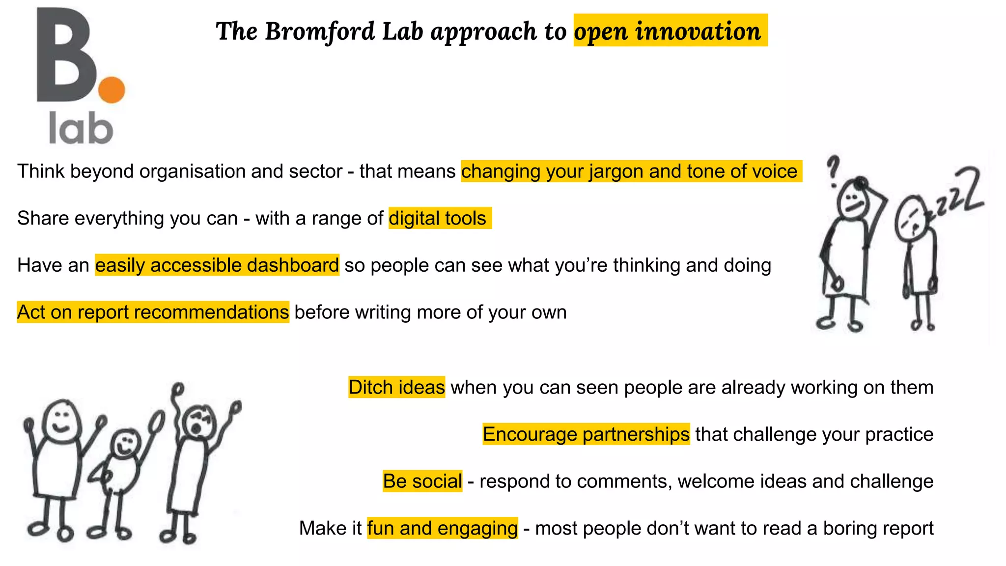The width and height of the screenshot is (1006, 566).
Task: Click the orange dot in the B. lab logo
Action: pyautogui.click(x=112, y=89)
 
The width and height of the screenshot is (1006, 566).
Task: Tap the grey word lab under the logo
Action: pyautogui.click(x=81, y=129)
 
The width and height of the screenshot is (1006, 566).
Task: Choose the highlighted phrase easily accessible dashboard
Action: pyautogui.click(x=217, y=265)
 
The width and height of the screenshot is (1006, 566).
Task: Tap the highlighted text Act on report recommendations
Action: pyautogui.click(x=153, y=312)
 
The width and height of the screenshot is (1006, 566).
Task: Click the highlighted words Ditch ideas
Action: pyautogui.click(x=396, y=387)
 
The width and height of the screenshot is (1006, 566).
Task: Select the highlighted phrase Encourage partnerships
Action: pyautogui.click(x=586, y=434)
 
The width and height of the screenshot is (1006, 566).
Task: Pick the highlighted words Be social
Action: pyautogui.click(x=422, y=481)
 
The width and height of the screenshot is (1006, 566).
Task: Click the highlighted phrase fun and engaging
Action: pyautogui.click(x=442, y=529)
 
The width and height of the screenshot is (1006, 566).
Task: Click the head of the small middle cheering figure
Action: pyautogui.click(x=125, y=444)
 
